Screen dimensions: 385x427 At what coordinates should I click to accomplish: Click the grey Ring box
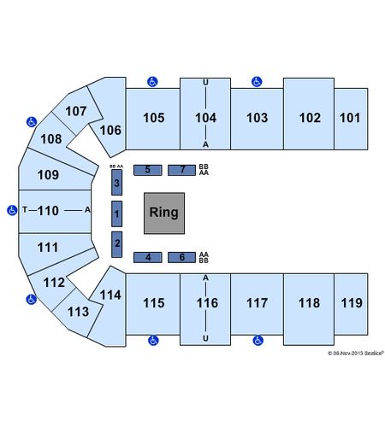pyautogui.click(x=164, y=213)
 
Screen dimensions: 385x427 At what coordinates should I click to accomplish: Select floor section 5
pyautogui.click(x=148, y=170)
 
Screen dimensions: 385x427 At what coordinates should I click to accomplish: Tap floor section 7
pyautogui.click(x=181, y=170)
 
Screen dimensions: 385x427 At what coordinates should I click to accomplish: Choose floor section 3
pyautogui.click(x=116, y=183)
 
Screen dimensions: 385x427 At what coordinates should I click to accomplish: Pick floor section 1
pyautogui.click(x=116, y=213)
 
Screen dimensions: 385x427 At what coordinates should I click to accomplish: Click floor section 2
pyautogui.click(x=116, y=244)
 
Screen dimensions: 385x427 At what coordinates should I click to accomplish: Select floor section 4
pyautogui.click(x=148, y=257)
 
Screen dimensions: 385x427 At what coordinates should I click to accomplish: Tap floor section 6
pyautogui.click(x=181, y=257)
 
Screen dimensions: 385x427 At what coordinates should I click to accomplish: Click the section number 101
pyautogui.click(x=350, y=118)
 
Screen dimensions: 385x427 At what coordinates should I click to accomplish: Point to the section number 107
pyautogui.click(x=76, y=111)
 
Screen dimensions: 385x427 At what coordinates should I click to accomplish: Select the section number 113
pyautogui.click(x=78, y=312)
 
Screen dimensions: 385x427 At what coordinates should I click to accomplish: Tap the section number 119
pyautogui.click(x=352, y=303)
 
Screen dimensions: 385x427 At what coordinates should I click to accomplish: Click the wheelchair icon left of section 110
pyautogui.click(x=12, y=210)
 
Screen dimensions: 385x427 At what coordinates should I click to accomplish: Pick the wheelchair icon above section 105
pyautogui.click(x=152, y=82)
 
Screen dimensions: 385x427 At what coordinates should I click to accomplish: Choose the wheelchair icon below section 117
pyautogui.click(x=258, y=340)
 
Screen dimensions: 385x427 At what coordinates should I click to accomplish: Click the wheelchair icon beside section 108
pyautogui.click(x=32, y=122)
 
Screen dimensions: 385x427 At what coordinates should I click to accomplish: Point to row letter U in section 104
pyautogui.click(x=205, y=83)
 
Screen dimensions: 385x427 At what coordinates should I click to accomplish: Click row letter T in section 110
pyautogui.click(x=25, y=210)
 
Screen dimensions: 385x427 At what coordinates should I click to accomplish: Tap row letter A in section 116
pyautogui.click(x=205, y=278)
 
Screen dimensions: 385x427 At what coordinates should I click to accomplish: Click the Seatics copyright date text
pyautogui.click(x=356, y=354)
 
